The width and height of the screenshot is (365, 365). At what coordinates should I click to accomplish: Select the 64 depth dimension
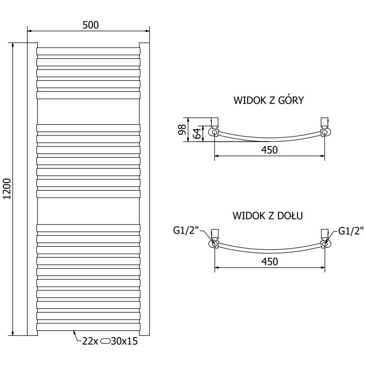pyautogui.click(x=196, y=133)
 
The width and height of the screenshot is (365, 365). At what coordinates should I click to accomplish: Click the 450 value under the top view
pyautogui.click(x=270, y=150)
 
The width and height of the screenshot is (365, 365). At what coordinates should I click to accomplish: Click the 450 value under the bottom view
pyautogui.click(x=270, y=261)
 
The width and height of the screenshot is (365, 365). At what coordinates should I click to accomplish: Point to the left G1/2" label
pyautogui.click(x=186, y=231)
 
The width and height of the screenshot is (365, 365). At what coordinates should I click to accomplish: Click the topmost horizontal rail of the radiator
pyautogui.click(x=88, y=50)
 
